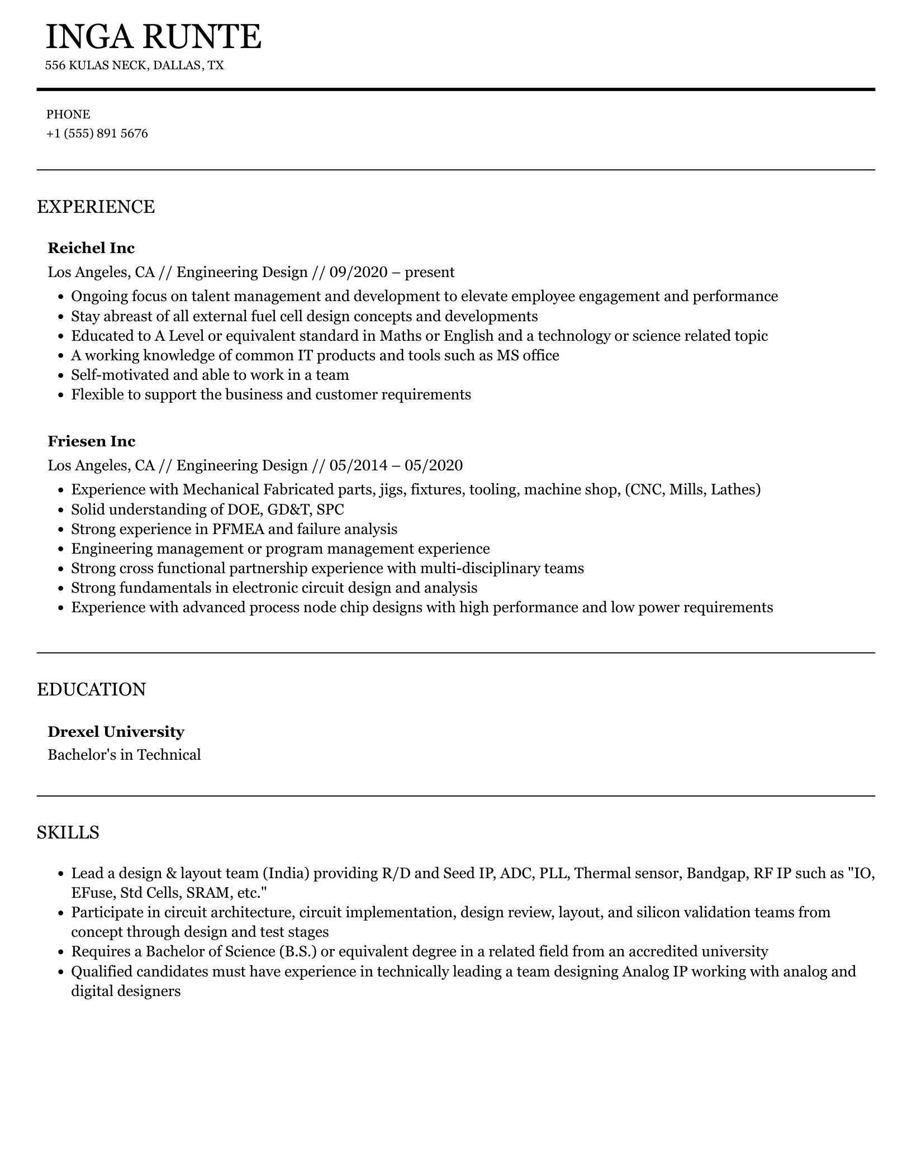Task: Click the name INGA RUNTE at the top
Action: pos(153,37)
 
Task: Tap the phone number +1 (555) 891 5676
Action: pos(97,134)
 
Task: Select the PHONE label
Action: pos(68,115)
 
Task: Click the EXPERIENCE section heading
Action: pos(96,207)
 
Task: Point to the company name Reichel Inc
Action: pos(91,248)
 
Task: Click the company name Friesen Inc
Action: pos(91,441)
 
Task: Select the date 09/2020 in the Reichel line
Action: pos(358,273)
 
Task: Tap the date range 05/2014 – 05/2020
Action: pos(396,466)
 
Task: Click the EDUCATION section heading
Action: pos(91,689)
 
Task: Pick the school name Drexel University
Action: pos(116,732)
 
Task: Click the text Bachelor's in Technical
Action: pos(124,755)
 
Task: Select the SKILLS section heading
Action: pos(68,832)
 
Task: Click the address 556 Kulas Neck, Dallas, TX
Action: pos(134,65)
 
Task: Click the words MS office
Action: pos(528,355)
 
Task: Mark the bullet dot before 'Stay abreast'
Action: pos(62,317)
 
